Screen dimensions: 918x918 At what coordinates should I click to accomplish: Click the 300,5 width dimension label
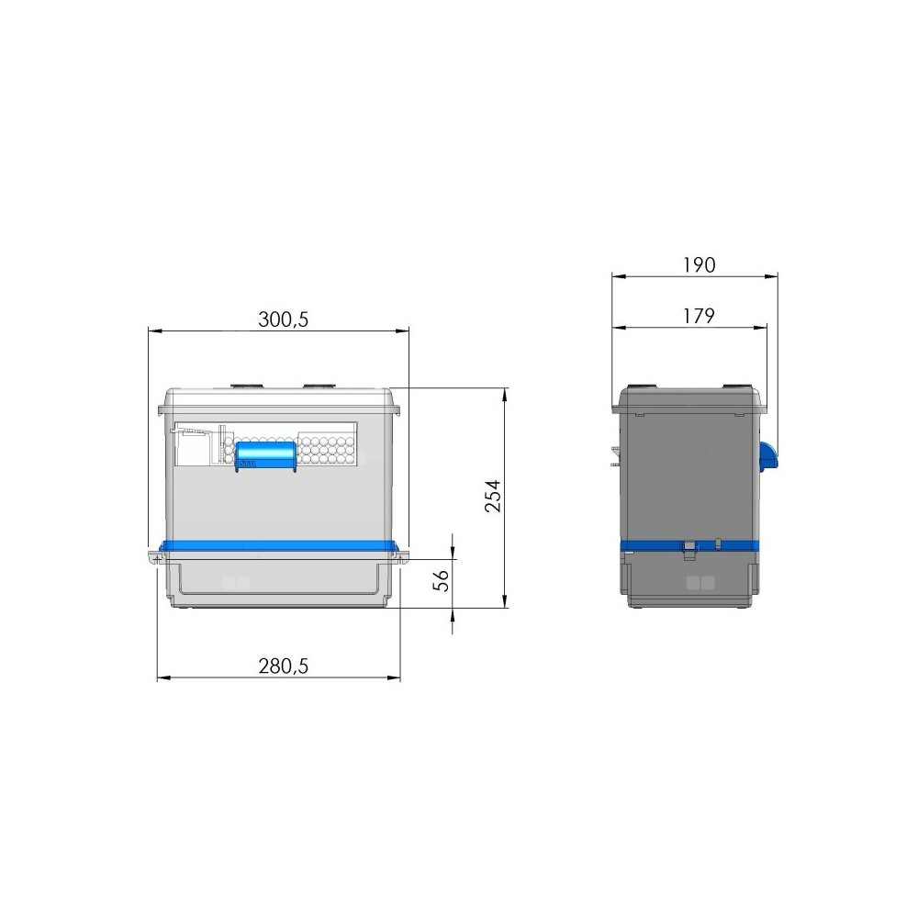coord(283,319)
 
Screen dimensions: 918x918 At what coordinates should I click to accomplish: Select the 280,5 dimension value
coord(284,666)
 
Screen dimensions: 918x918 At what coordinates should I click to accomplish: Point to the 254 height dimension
coord(493,497)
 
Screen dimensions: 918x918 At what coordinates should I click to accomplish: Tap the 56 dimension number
coord(441,580)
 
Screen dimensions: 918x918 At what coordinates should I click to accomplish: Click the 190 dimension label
coord(699,265)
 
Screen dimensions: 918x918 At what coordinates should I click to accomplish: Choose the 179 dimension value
coord(699,316)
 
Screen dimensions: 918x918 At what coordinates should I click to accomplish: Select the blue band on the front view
coord(279,546)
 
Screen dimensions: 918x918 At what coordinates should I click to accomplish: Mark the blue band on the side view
coord(689,546)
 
